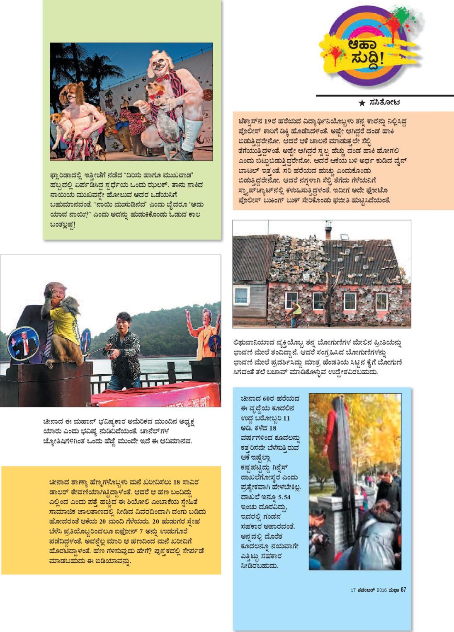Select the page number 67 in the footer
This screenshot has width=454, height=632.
[403, 590]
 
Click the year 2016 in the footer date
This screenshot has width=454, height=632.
[381, 590]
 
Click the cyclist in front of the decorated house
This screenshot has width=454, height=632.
[296, 313]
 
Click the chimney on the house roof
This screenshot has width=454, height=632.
[328, 228]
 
